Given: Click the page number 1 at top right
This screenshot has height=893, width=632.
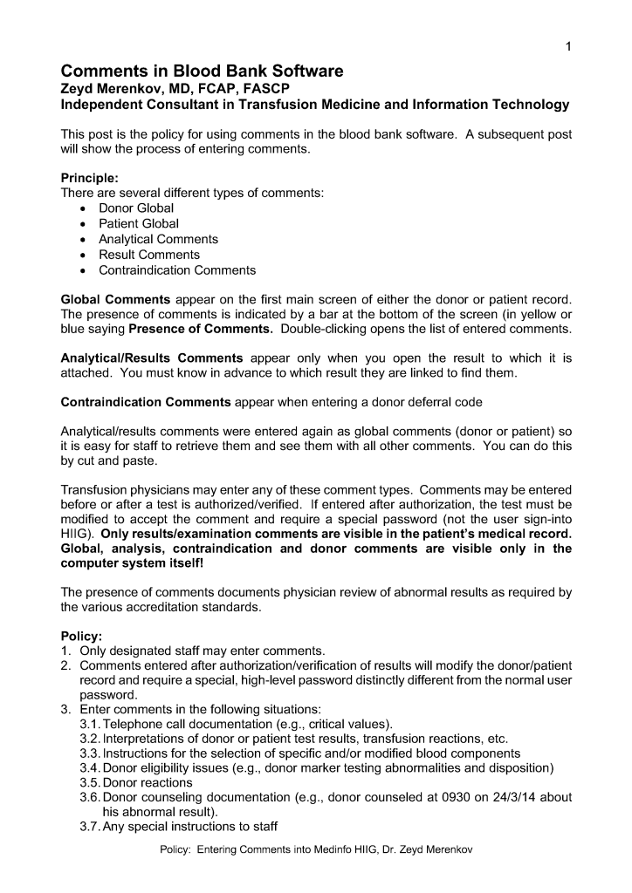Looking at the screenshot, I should [x=567, y=47].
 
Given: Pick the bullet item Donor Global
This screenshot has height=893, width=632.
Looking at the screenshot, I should [x=136, y=208].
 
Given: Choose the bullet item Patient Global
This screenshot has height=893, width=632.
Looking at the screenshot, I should [x=139, y=224].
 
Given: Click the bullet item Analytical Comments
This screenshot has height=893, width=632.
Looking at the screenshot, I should [x=158, y=239].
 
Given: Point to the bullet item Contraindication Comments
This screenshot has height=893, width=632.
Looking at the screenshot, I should [x=177, y=270].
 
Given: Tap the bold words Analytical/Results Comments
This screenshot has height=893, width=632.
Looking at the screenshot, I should [x=151, y=358].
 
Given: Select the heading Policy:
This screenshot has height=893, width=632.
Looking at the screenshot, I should [x=80, y=636].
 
